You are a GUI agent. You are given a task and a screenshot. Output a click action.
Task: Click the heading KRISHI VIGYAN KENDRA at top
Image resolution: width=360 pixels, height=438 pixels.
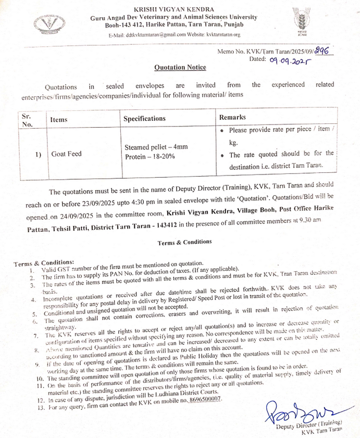(173, 9)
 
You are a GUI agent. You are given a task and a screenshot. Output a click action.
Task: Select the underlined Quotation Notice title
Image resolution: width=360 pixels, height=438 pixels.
(180, 67)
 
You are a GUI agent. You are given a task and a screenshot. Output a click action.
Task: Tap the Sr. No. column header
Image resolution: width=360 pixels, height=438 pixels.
(27, 120)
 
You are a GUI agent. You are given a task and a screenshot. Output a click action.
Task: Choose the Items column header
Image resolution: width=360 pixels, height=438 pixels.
(59, 120)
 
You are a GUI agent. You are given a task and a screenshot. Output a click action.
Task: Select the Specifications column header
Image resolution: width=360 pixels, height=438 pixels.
(144, 119)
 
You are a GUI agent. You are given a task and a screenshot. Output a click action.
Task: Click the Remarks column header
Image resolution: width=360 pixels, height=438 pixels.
(232, 117)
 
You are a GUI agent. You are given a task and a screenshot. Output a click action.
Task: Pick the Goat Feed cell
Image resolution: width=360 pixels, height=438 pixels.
(66, 154)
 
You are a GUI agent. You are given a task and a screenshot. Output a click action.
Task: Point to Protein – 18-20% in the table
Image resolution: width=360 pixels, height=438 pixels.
(148, 157)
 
